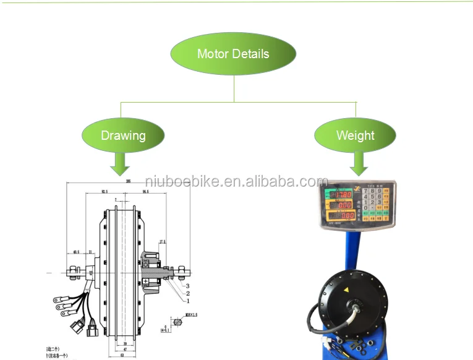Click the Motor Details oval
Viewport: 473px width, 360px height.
(x=233, y=54)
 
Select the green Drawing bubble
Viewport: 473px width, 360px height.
(x=123, y=135)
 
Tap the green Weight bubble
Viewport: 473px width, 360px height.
(x=355, y=135)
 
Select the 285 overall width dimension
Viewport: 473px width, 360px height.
(x=128, y=181)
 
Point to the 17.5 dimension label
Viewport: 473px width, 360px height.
(x=162, y=242)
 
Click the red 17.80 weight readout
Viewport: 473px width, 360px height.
(x=341, y=195)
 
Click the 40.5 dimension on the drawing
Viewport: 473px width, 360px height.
(x=76, y=252)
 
